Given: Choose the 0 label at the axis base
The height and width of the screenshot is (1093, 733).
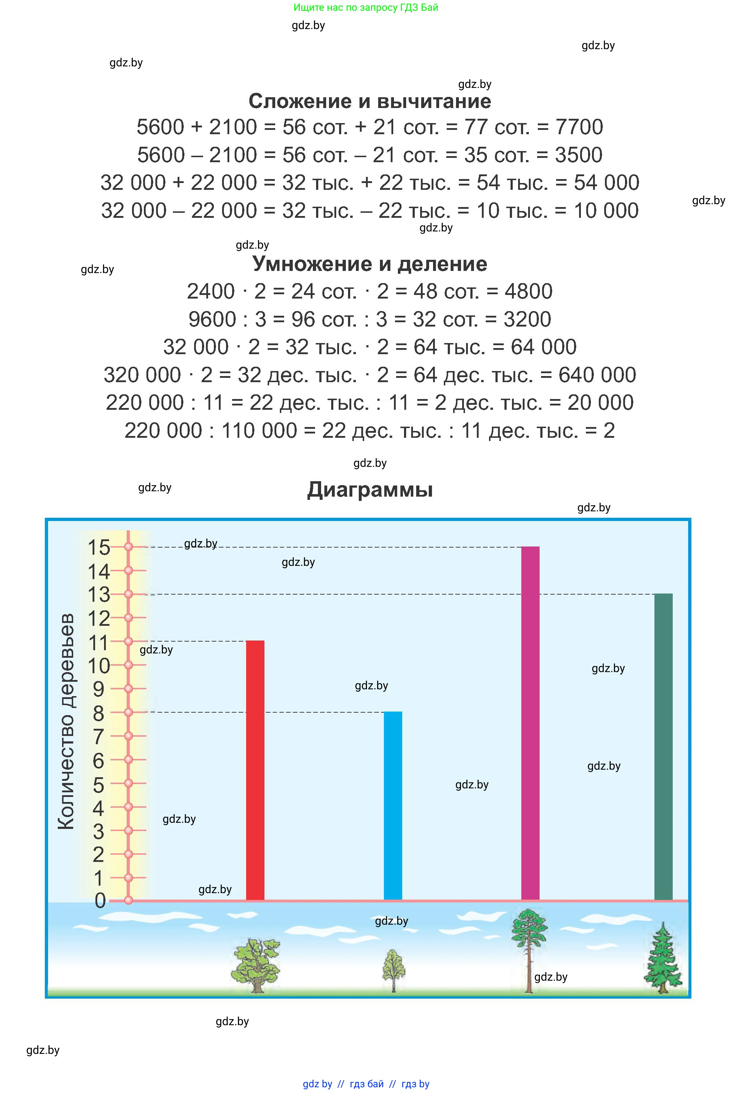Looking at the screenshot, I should (100, 901).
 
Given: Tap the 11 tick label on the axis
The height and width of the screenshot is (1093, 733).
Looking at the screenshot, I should (99, 643).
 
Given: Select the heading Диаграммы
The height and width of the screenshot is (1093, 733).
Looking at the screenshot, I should (370, 490).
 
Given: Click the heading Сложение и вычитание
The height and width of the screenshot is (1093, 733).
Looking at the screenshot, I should (370, 101).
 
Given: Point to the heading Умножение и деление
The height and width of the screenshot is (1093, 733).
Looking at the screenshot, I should (370, 264).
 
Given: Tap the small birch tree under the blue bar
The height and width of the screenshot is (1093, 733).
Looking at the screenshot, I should (393, 970).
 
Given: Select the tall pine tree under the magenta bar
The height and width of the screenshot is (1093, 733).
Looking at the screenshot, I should (529, 949).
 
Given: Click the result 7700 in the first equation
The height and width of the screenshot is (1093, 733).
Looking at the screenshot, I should (579, 127).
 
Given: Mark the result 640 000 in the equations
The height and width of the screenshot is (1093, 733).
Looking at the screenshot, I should (597, 375).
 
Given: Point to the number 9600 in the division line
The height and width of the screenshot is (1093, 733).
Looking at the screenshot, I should (212, 319).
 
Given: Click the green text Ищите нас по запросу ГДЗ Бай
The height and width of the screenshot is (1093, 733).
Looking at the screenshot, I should (366, 8).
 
